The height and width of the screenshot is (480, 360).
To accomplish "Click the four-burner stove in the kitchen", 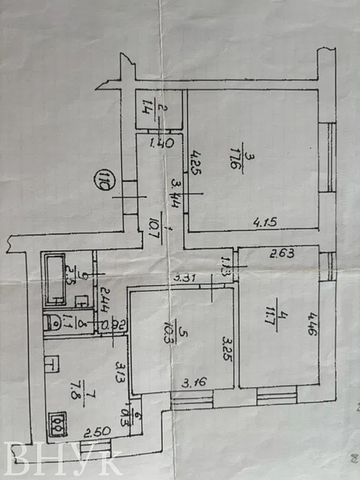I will coord(57,423).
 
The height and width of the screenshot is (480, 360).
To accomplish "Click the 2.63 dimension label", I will coord(282,253).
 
